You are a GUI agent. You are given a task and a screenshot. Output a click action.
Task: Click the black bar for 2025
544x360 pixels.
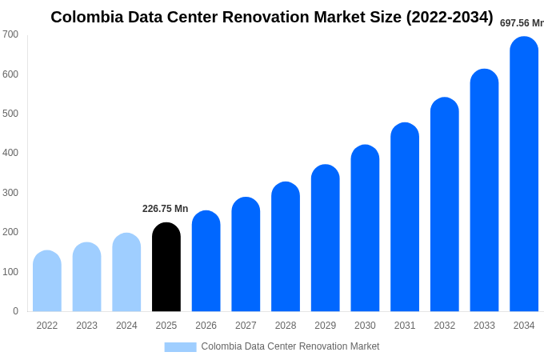click(166, 267)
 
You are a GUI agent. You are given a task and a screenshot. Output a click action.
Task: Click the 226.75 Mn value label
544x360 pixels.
click(166, 209)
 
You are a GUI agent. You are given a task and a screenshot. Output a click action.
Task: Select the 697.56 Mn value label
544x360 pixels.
click(522, 23)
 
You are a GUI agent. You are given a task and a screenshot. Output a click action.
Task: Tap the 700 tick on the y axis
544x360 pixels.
click(10, 34)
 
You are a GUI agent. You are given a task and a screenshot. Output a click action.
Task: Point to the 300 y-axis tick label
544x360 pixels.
click(10, 193)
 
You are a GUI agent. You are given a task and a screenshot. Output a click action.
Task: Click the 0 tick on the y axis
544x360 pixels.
click(15, 311)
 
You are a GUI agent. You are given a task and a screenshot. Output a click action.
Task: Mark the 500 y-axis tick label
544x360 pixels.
click(10, 114)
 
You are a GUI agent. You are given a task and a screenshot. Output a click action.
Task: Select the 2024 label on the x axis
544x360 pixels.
click(126, 326)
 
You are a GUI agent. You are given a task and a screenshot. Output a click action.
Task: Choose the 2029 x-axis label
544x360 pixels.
click(326, 326)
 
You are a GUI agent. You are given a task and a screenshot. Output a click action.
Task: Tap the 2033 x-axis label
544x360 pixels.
click(484, 326)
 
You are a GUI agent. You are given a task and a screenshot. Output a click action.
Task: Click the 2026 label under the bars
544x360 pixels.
click(206, 326)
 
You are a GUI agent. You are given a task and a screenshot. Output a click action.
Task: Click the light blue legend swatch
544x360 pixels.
click(180, 346)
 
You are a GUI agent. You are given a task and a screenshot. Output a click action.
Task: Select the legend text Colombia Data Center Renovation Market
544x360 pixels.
click(290, 346)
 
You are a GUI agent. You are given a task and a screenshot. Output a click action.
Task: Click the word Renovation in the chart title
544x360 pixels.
click(266, 17)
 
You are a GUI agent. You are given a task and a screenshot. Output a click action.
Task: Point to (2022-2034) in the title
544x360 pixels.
click(450, 17)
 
